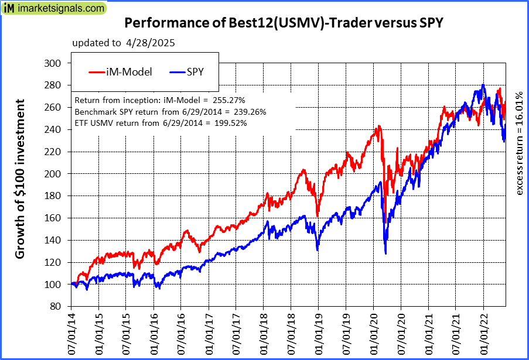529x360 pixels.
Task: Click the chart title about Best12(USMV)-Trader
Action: tap(284, 24)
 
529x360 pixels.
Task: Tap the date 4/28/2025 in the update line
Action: tap(150, 43)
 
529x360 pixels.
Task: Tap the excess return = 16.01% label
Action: tap(519, 144)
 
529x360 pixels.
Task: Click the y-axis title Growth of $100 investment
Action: tap(20, 179)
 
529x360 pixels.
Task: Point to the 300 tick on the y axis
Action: tap(53, 63)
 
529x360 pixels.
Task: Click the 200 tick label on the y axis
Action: tap(53, 174)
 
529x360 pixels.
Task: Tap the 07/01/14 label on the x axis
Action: tap(71, 334)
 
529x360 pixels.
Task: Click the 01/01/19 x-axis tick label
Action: tap(318, 334)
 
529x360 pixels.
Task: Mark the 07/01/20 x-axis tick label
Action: tap(401, 334)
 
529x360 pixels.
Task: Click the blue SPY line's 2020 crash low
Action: tap(385, 253)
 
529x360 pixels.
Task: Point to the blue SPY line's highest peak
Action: tap(483, 85)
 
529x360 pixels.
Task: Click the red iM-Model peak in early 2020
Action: tap(379, 126)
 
